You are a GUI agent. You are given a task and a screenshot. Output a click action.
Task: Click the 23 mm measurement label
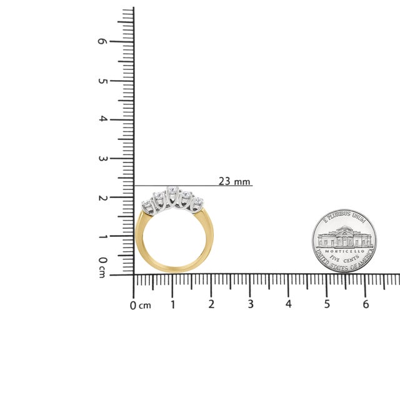click(234, 181)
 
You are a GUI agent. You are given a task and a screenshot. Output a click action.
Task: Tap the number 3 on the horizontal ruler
click(250, 304)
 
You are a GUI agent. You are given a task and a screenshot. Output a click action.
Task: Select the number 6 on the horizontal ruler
click(366, 304)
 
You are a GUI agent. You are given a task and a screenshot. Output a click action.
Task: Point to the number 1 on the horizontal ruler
click(172, 304)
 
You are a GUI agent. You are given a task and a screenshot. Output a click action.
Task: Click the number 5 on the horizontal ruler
click(327, 304)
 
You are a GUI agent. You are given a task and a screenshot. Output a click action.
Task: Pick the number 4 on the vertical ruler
click(103, 119)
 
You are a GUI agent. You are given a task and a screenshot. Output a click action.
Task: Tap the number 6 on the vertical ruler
click(103, 41)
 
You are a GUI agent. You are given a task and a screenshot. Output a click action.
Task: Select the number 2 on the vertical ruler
click(103, 197)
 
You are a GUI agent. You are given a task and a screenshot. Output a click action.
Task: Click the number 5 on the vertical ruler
click(103, 81)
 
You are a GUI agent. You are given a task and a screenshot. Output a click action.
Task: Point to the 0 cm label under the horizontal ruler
click(140, 306)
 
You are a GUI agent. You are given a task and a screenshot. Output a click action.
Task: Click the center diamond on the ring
click(173, 192)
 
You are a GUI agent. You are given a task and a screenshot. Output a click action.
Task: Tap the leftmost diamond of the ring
click(147, 207)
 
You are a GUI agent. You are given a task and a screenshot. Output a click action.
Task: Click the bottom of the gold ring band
click(172, 271)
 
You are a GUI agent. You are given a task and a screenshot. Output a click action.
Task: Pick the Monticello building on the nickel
click(344, 237)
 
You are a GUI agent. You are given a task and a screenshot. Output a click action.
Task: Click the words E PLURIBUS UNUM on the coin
click(344, 217)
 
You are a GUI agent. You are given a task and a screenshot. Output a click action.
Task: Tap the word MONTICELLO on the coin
click(344, 251)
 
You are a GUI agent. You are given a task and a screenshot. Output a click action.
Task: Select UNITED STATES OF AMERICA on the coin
click(344, 267)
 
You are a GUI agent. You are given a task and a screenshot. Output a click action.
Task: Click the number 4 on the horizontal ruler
click(288, 304)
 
